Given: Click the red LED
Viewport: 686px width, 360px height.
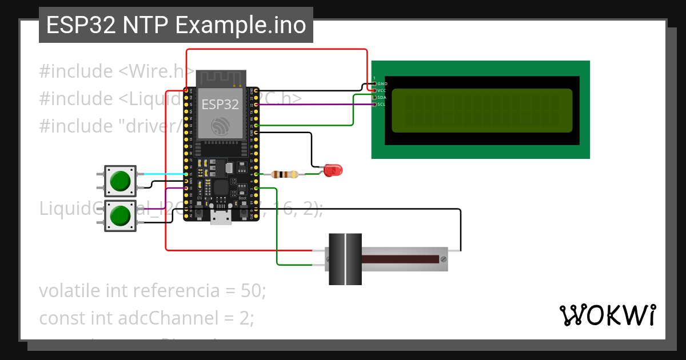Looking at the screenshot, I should [x=332, y=170].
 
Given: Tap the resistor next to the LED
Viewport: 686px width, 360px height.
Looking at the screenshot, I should [x=284, y=174].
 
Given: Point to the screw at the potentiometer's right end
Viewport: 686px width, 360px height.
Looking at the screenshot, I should [x=443, y=259].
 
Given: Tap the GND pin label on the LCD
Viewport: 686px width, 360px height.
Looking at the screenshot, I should [x=382, y=84].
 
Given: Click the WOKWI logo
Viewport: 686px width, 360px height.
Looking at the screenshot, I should [x=607, y=315].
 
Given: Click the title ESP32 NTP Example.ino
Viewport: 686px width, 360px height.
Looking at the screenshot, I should [x=176, y=26].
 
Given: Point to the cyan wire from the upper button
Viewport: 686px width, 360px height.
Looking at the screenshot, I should [x=160, y=174].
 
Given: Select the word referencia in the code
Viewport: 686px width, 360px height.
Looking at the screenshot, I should [x=171, y=291].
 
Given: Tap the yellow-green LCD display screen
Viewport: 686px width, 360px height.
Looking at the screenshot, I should [x=481, y=110].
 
